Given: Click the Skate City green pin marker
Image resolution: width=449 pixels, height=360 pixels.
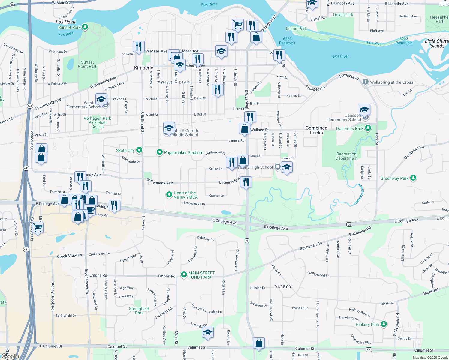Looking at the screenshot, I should pyautogui.click(x=139, y=150).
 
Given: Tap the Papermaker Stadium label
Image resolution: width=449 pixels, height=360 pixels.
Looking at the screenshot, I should pyautogui.click(x=183, y=152).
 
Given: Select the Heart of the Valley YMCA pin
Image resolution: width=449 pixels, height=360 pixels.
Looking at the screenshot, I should pyautogui.click(x=169, y=195).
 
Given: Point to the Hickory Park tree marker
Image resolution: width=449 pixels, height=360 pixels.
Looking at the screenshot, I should pyautogui.click(x=384, y=324).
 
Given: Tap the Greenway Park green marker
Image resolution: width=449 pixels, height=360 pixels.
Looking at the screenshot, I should pyautogui.click(x=413, y=178).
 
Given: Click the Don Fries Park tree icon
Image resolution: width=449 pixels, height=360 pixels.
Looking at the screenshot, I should pyautogui.click(x=368, y=128).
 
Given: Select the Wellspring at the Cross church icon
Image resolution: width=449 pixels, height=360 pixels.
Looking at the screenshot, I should pyautogui.click(x=365, y=82).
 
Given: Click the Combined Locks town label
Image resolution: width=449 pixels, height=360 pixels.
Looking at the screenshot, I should pyautogui.click(x=316, y=130).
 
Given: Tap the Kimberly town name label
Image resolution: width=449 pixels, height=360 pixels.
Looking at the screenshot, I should pyautogui.click(x=143, y=68).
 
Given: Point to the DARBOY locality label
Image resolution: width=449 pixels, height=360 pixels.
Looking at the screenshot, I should pyautogui.click(x=283, y=287).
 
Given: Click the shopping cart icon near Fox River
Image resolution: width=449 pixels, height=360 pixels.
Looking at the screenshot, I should pyautogui.click(x=238, y=24).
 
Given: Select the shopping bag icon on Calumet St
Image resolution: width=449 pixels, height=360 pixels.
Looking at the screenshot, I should pyautogui.click(x=259, y=343).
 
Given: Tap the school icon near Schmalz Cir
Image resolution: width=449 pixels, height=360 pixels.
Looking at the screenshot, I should pyautogui.click(x=208, y=332).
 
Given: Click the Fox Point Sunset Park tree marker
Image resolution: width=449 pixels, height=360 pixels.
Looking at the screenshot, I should pyautogui.click(x=85, y=27).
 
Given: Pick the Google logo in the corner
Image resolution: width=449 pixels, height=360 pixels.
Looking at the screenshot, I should pyautogui.click(x=10, y=356).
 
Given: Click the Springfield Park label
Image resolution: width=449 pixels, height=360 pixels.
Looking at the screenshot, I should pyautogui.click(x=139, y=311).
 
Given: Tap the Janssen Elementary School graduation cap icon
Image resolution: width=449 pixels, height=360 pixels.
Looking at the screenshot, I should pyautogui.click(x=364, y=109).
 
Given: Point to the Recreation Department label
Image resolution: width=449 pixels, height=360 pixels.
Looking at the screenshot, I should pyautogui.click(x=346, y=156).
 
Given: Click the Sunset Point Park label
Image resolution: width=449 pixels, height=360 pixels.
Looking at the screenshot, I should pyautogui.click(x=88, y=64).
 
